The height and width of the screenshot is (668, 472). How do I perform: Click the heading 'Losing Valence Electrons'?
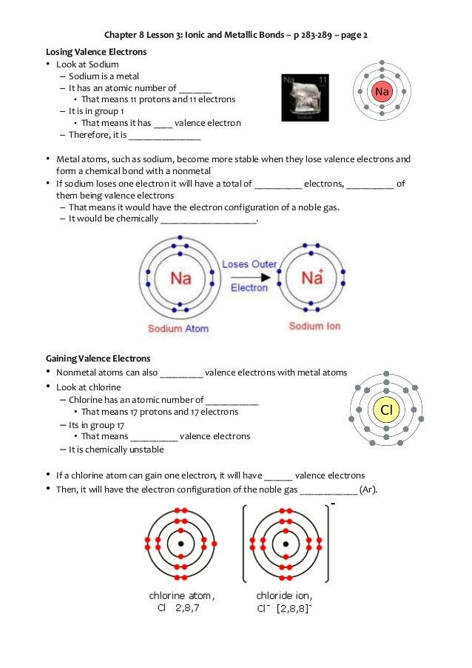[x=96, y=52]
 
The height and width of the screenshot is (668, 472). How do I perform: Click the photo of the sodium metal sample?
[x=305, y=98]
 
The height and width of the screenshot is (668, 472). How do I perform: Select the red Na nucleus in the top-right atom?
[x=381, y=92]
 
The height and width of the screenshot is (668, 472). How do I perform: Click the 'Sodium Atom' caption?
[x=178, y=328]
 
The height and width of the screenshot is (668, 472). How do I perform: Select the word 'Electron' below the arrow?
[x=249, y=288]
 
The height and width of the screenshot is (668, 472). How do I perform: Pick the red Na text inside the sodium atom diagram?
[x=181, y=278]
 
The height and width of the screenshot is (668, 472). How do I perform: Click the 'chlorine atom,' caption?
[x=182, y=595]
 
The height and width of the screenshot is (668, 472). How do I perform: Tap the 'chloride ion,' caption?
[x=284, y=595]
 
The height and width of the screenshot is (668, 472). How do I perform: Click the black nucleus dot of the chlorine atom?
[x=181, y=544]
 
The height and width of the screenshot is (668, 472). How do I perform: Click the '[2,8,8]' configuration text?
[x=294, y=608]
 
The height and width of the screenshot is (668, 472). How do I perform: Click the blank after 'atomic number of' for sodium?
[x=195, y=88]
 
